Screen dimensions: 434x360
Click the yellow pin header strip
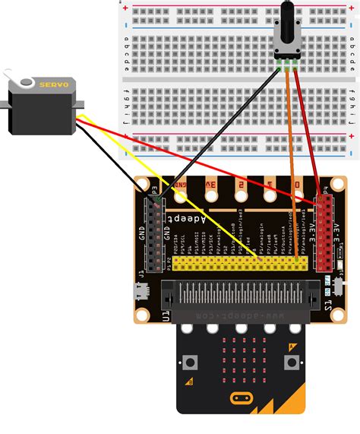[x=241, y=263]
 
